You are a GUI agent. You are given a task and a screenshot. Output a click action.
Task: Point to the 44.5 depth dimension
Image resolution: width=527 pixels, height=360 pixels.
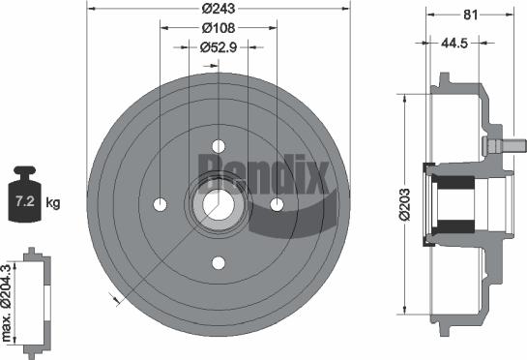pos(456,44)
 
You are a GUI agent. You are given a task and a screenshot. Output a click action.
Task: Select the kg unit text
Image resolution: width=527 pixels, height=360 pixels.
pos(54,203)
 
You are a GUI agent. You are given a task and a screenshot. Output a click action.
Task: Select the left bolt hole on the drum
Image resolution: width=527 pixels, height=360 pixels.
pos(160,204)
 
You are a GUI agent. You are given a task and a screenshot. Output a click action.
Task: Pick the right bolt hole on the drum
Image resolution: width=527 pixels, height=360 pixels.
pos(278,204)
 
